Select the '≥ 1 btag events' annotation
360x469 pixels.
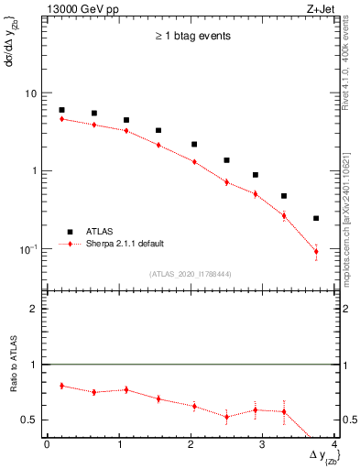[191, 37]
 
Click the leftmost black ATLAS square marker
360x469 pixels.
[61, 110]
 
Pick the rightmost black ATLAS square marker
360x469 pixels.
[316, 218]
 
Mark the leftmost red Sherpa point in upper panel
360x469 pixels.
[61, 119]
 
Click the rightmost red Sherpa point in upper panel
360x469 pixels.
[316, 251]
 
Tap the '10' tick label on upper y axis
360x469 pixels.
[30, 93]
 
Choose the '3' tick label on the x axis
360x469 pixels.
[263, 445]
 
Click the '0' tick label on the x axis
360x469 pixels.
[47, 445]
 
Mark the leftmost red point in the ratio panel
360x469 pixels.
[61, 386]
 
